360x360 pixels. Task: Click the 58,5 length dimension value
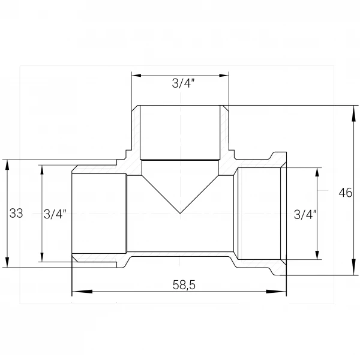click(184, 285)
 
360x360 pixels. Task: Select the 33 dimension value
click(16, 213)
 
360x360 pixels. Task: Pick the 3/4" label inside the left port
click(55, 214)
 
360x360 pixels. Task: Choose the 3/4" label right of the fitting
click(305, 215)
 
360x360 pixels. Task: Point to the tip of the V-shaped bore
click(180, 214)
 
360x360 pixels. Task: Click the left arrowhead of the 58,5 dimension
click(82, 292)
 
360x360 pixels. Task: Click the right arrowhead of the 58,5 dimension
click(276, 292)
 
